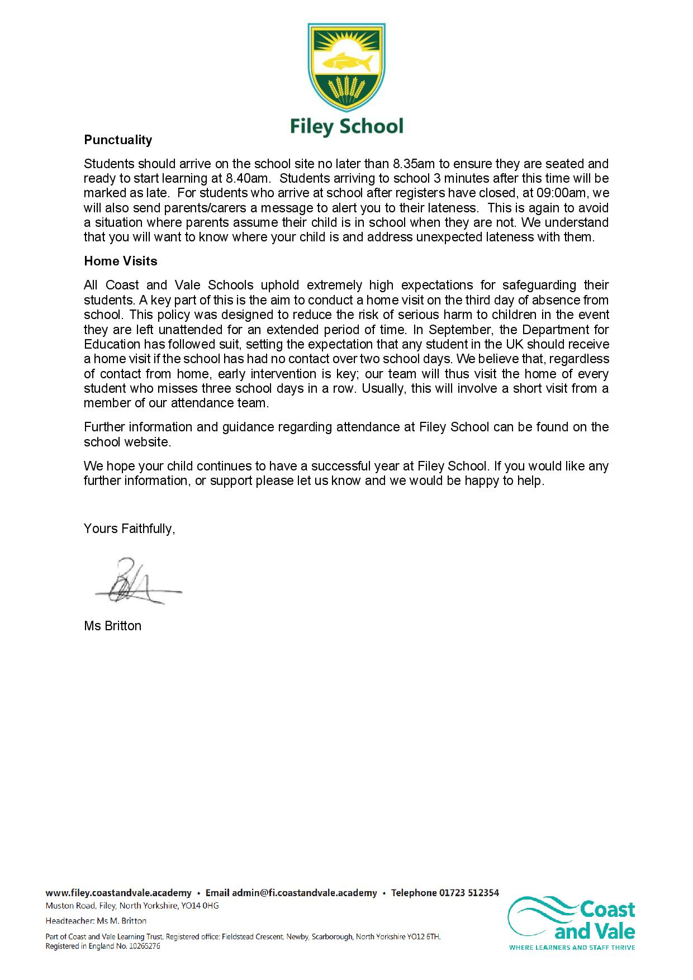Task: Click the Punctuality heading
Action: [x=118, y=140]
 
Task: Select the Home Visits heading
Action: [x=121, y=261]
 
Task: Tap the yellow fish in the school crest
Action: [x=346, y=61]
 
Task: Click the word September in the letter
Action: [x=452, y=329]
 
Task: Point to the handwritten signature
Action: [x=134, y=582]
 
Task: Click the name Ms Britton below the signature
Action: [x=112, y=626]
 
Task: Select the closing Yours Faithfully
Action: [x=129, y=529]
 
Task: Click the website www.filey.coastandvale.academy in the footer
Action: [x=118, y=893]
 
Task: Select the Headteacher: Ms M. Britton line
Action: [x=96, y=921]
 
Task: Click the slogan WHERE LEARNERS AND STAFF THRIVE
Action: [x=572, y=947]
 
